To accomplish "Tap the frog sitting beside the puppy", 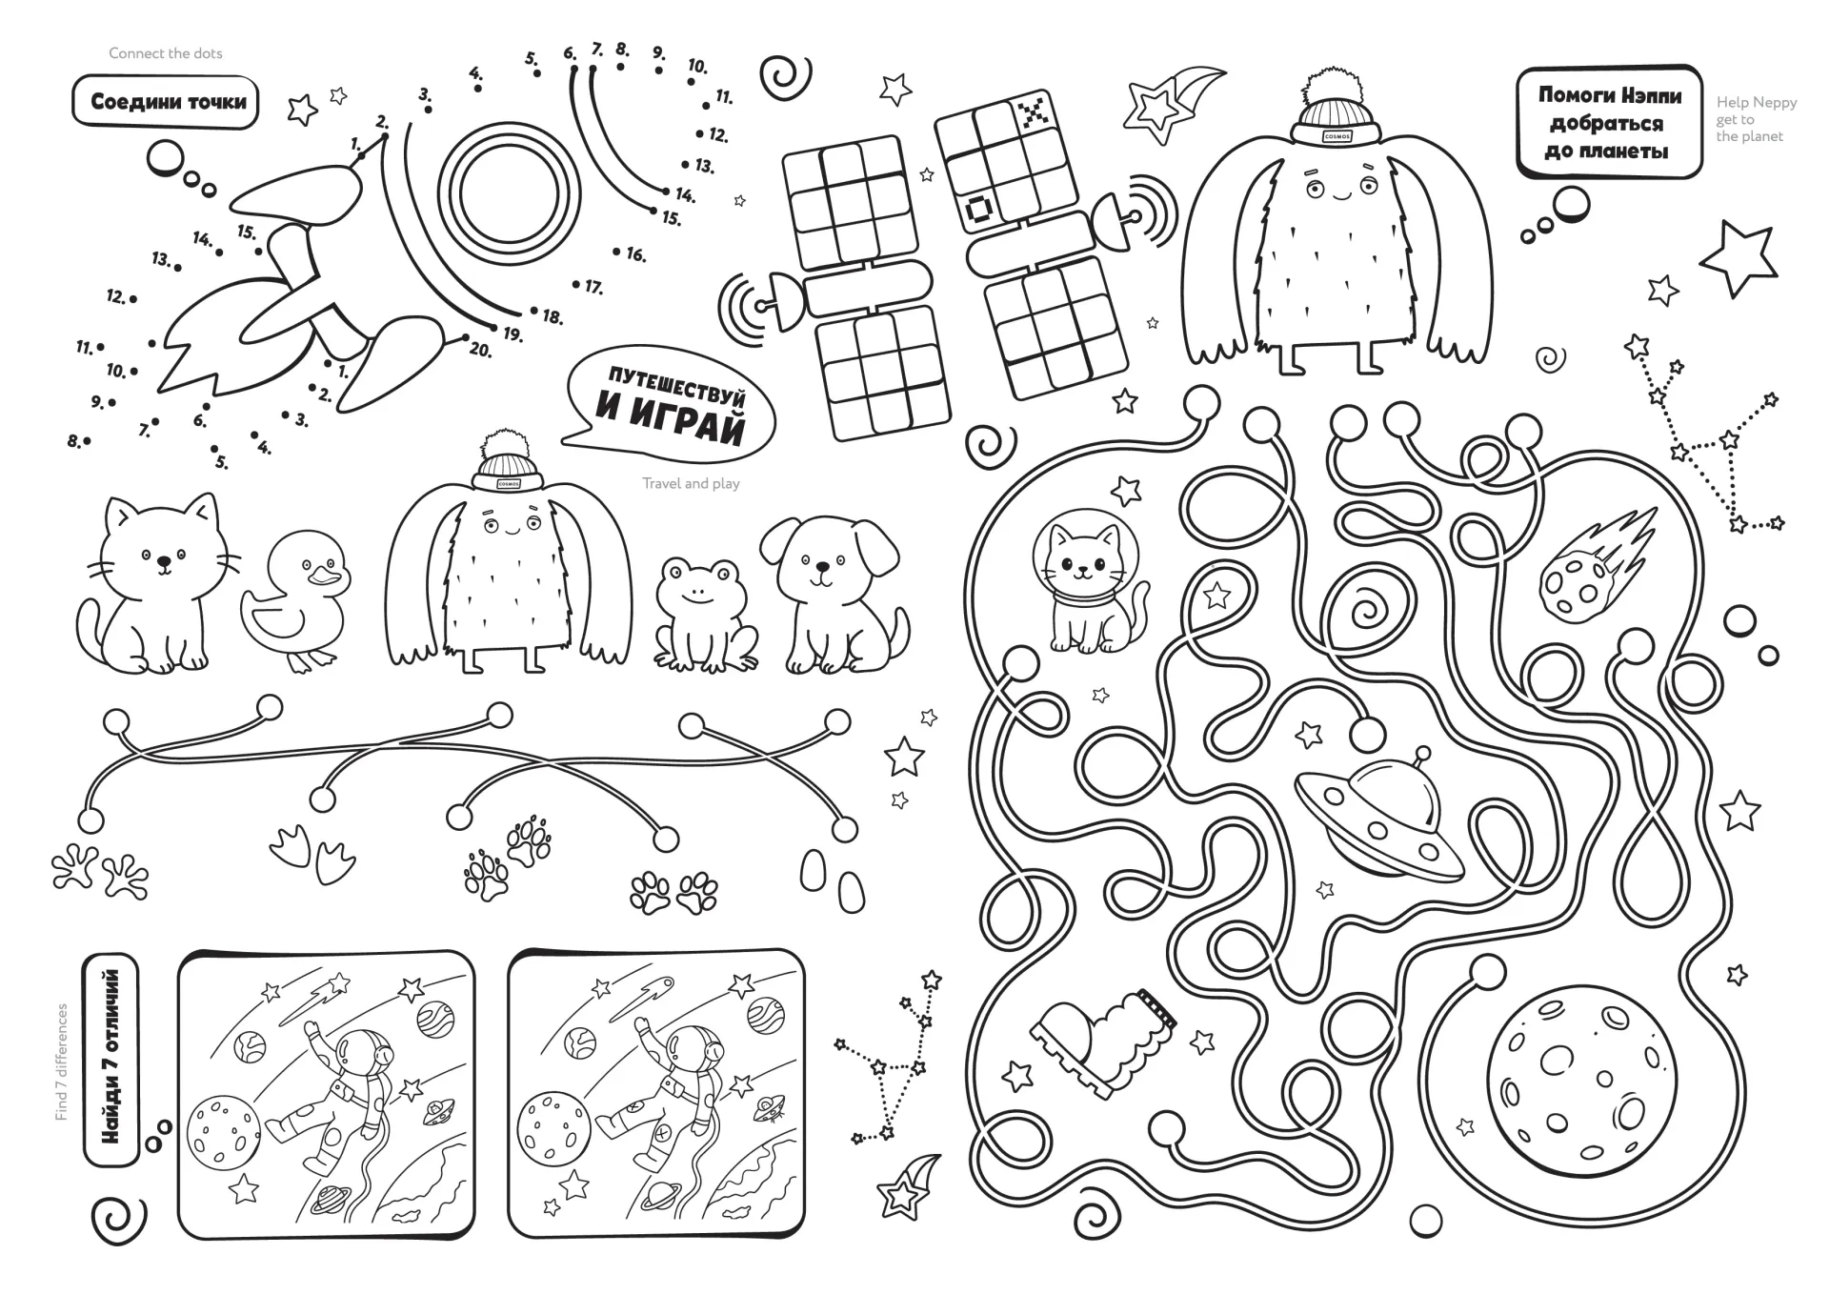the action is pos(705,614).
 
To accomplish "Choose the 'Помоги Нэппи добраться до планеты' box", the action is pos(1609,122).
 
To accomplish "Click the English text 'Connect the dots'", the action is pos(166,53).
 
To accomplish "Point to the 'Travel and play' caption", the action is pos(691,483).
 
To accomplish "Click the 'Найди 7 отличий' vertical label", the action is pos(111,1058).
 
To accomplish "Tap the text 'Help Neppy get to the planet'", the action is pos(1757,119).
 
